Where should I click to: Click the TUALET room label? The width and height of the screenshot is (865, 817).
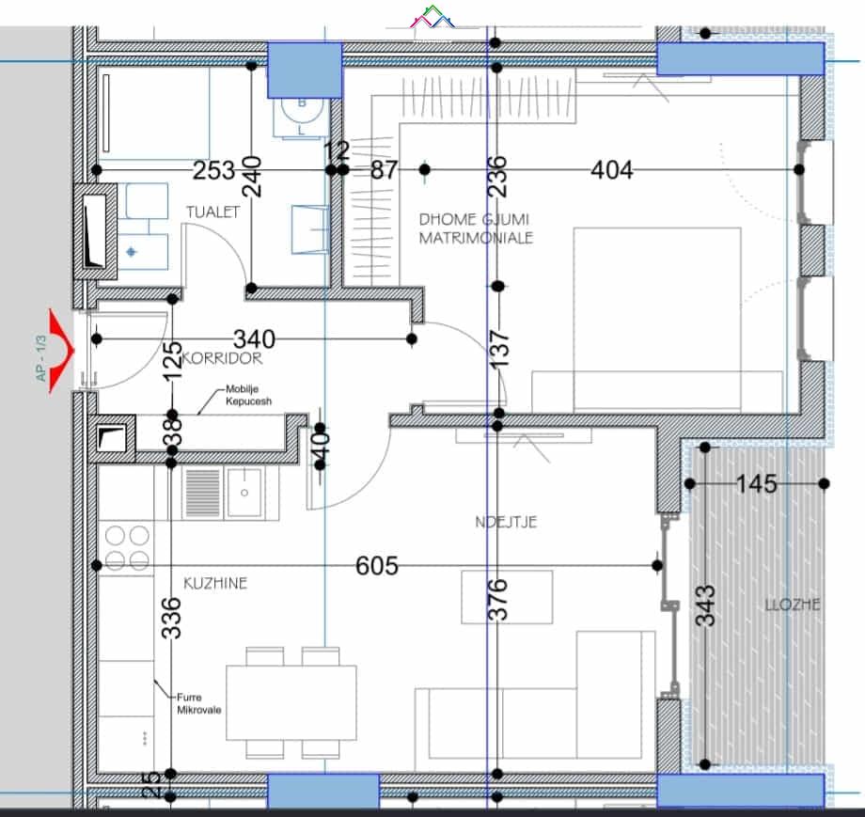[x=212, y=212]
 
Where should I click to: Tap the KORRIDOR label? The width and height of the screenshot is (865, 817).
[x=222, y=358]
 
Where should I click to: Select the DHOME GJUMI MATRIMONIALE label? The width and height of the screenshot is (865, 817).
[x=476, y=228]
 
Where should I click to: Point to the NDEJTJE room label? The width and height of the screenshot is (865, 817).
[x=506, y=522]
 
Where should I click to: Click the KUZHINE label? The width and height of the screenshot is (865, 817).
[x=215, y=583]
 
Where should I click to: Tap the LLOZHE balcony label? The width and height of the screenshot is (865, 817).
[x=793, y=605]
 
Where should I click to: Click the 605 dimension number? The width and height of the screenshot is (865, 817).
[x=377, y=566]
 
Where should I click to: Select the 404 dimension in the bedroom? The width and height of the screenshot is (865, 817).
[x=612, y=170]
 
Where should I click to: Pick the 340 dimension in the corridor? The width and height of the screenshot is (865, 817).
[x=254, y=339]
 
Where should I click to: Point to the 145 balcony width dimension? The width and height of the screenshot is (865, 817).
[x=757, y=484]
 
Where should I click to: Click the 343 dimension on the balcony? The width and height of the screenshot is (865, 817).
[x=706, y=605]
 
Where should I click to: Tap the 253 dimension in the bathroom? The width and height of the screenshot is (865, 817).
[x=214, y=170]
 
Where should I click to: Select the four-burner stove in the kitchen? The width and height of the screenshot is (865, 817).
[x=127, y=547]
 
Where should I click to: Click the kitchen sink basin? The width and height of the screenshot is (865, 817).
[x=244, y=493]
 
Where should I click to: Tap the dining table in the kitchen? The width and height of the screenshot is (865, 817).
[x=291, y=703]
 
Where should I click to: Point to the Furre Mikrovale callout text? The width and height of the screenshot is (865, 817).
[x=198, y=703]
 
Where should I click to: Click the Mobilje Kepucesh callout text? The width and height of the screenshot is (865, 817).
[x=249, y=396]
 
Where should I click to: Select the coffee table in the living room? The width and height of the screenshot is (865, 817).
[x=507, y=597]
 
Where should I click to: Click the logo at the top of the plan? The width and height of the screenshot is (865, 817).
[x=433, y=18]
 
